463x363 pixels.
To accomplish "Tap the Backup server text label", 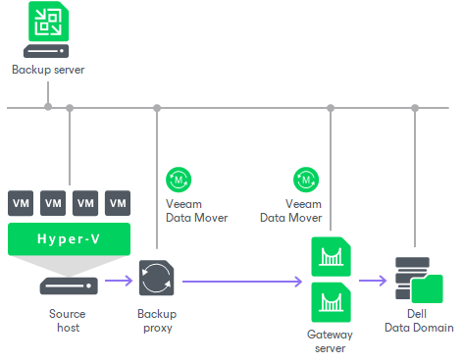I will point(48,70).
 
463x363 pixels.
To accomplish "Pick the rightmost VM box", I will point(118,203).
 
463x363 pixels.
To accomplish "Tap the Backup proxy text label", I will point(157,321).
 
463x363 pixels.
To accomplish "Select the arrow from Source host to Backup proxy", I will point(119,282).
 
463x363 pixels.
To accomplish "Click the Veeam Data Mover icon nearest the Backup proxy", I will point(180,179).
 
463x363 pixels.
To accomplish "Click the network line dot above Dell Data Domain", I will point(416,108).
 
